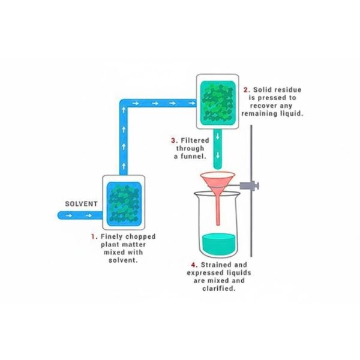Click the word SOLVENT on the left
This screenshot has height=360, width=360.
[81, 204]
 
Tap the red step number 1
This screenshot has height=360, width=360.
[93, 236]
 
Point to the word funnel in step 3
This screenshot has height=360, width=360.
[193, 157]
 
